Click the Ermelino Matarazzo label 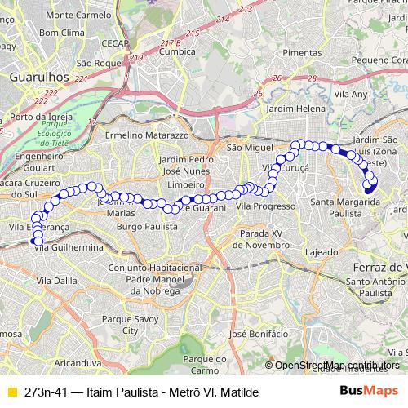(x=148, y=134)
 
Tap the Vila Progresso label (x=264, y=207)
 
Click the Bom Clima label (x=61, y=33)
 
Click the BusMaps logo (x=369, y=391)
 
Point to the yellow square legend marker (x=11, y=392)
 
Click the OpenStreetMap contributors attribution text (x=336, y=365)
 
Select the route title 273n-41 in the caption (x=46, y=392)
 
